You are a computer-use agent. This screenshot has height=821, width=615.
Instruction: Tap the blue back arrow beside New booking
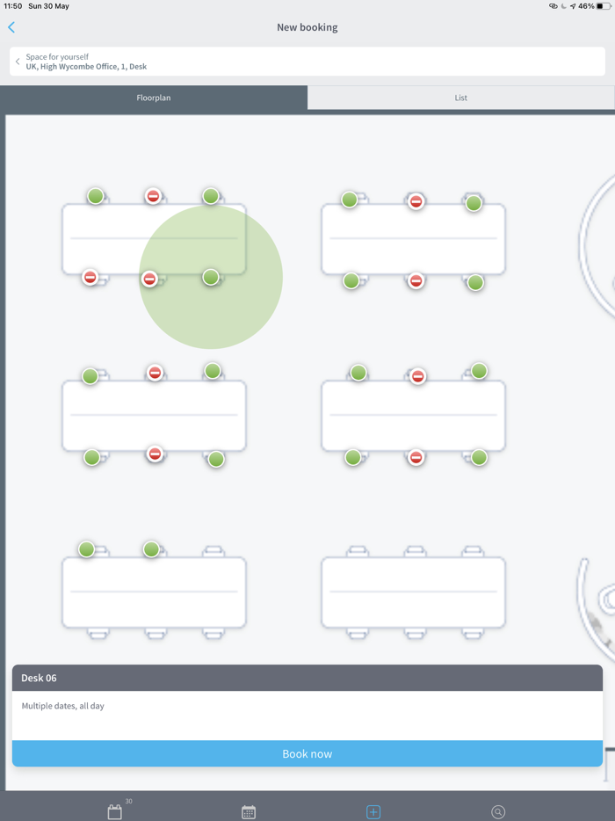coord(11,27)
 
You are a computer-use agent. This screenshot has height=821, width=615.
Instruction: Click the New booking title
coord(307,27)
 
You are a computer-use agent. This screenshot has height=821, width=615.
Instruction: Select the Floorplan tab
coord(154,98)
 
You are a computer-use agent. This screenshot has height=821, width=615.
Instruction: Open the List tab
coord(460,98)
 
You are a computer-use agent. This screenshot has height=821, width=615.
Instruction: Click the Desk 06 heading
coord(39,678)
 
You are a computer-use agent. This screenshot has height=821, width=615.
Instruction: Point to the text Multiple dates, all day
coord(62,706)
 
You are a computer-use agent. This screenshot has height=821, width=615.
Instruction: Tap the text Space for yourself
coord(57,56)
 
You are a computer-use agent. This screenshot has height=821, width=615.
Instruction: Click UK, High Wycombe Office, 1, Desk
coord(86,67)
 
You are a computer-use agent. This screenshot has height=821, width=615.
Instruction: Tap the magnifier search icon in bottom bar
coord(498,811)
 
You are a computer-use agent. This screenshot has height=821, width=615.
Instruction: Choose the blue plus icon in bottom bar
coord(373,811)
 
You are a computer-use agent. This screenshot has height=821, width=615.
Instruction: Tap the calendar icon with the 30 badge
coord(115,811)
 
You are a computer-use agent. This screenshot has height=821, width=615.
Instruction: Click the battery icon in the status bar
coord(604,6)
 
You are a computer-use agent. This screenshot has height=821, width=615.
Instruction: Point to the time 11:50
coord(13,6)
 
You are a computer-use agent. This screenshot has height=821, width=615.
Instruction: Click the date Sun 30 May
coord(48,6)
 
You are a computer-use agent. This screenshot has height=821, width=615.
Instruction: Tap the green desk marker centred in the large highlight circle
coord(210,277)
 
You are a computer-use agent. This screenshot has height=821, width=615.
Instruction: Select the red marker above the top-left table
coord(153,196)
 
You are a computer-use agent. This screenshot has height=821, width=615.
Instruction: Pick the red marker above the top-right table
coord(416,201)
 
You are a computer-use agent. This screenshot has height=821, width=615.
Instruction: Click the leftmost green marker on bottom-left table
coord(86,549)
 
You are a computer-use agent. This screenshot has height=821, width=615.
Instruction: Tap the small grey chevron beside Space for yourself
coord(18,62)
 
